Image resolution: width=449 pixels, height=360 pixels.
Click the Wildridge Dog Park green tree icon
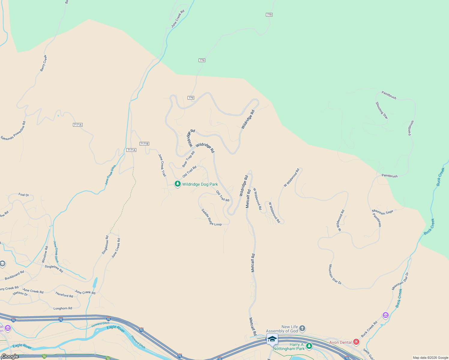[x=177, y=184]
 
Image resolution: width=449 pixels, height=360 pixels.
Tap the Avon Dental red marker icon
[x=356, y=342]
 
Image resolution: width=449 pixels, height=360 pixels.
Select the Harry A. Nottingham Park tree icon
[x=309, y=346]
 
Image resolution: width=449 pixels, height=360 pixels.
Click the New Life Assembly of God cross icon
[x=302, y=328]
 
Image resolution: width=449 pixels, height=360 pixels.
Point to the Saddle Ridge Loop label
[x=211, y=217]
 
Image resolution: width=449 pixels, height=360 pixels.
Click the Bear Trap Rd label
[x=188, y=159]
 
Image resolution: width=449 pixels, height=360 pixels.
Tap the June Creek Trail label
[x=162, y=165]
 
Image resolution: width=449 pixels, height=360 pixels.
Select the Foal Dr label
[x=24, y=195]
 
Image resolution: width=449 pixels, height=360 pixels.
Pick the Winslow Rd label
[x=45, y=254]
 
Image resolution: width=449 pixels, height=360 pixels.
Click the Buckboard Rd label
[x=14, y=275]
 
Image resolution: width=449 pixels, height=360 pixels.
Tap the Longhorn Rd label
[x=63, y=308]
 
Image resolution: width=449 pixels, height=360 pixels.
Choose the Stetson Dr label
[x=20, y=293]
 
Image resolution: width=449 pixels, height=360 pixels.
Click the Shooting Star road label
[x=382, y=110]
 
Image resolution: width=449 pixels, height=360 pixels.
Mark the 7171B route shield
[x=144, y=144]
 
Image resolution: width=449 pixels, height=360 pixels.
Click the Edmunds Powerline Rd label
[x=13, y=131]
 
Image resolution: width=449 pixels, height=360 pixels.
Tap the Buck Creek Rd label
[x=369, y=329]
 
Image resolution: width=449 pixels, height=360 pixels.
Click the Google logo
[x=10, y=356]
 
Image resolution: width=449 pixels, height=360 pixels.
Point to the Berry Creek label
[x=44, y=63]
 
